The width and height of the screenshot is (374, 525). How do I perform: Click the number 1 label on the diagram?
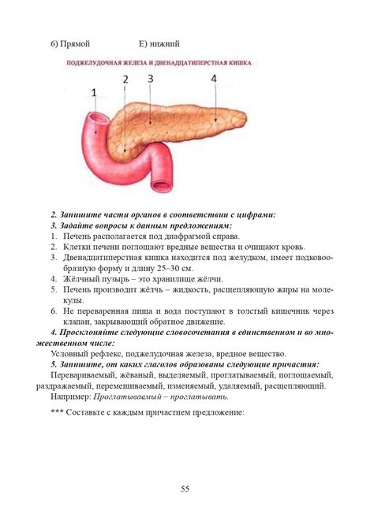coord(94,94)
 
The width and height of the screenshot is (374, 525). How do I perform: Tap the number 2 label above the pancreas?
coord(125,79)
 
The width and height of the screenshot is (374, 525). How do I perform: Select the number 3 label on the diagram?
coord(150,79)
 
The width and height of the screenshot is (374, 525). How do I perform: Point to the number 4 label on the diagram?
coord(214,79)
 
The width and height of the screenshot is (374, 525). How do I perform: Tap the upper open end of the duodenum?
coord(97,121)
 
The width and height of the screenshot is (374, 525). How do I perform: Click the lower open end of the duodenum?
coord(161,187)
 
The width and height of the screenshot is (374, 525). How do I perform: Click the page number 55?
coord(186,490)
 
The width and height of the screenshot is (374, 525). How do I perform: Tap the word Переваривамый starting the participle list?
coord(85,375)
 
